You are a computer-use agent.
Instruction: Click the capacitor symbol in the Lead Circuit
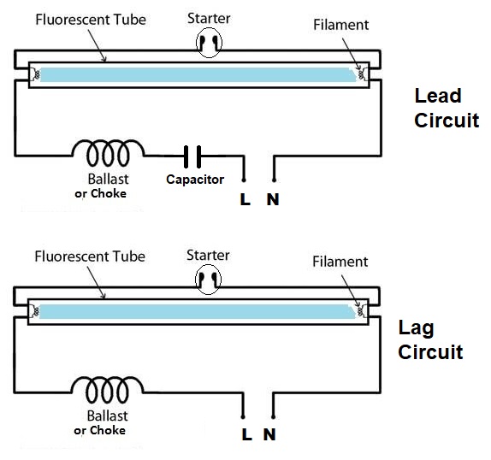tap(192, 156)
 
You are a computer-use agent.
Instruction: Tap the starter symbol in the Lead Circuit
tap(210, 43)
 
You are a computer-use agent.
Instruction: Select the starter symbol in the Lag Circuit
tap(208, 280)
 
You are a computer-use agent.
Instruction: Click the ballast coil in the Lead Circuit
tap(108, 152)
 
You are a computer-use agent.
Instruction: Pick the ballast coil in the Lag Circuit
tap(107, 389)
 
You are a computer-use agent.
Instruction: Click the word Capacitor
tap(195, 180)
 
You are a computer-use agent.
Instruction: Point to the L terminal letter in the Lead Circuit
tap(245, 199)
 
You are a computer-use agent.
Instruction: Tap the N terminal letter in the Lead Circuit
tap(273, 199)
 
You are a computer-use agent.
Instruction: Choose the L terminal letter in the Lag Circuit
tap(246, 434)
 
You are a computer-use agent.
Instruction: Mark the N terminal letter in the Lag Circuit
tap(269, 434)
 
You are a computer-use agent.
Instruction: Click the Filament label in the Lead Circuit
tap(341, 25)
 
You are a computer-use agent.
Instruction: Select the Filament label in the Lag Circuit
tap(340, 262)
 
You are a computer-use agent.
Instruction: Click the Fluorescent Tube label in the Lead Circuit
tap(91, 20)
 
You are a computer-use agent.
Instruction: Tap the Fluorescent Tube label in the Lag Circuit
tap(90, 257)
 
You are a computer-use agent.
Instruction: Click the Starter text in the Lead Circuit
tap(209, 18)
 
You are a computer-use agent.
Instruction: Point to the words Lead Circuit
tap(447, 108)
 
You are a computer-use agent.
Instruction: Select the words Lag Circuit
tap(430, 339)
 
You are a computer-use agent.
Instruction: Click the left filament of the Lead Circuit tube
tap(36, 74)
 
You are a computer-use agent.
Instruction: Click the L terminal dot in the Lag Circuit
tap(243, 416)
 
